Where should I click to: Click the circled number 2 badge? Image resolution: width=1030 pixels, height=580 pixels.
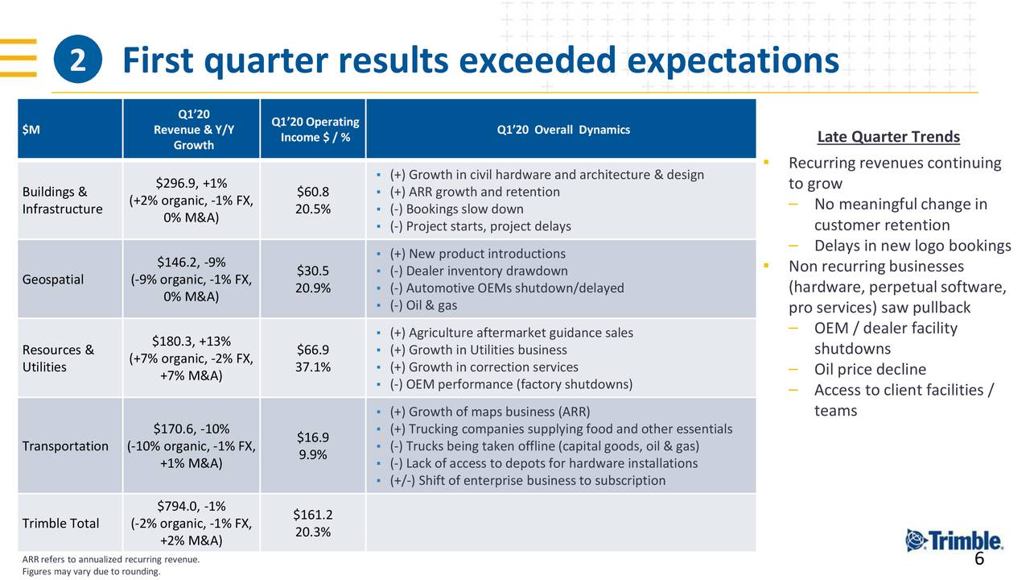(78, 61)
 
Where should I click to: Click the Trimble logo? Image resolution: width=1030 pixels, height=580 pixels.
(954, 541)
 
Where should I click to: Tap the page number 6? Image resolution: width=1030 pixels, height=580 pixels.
(979, 560)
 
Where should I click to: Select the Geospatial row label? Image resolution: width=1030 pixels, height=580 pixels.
(52, 280)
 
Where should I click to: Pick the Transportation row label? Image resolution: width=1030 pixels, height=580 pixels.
(65, 445)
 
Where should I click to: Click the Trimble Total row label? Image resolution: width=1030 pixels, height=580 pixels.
(61, 524)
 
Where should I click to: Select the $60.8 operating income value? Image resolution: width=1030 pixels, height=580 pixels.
(312, 192)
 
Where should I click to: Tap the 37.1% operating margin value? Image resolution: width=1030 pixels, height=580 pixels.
(312, 367)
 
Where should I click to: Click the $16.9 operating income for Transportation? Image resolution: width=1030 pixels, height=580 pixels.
(312, 437)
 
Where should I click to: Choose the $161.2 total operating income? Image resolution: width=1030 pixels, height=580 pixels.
(312, 515)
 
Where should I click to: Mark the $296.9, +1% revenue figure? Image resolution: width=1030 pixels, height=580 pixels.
(191, 183)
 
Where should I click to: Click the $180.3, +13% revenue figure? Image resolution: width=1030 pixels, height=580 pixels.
(191, 341)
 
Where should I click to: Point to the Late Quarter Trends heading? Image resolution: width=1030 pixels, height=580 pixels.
(888, 137)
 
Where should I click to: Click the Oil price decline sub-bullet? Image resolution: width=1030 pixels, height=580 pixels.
(869, 370)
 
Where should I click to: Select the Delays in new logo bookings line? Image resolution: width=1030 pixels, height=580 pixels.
(912, 246)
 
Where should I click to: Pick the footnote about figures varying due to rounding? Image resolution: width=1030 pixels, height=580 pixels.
(91, 572)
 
